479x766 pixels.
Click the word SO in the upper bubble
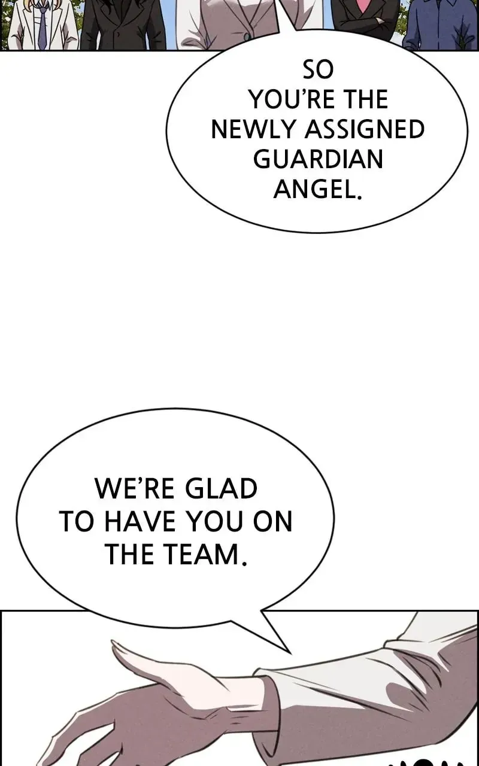coord(318,69)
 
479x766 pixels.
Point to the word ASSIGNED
coord(365,129)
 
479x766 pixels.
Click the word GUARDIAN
coord(318,159)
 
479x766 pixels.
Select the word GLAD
coord(221,489)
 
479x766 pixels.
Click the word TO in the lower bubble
coord(76,522)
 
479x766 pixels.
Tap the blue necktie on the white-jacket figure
coord(42,28)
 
